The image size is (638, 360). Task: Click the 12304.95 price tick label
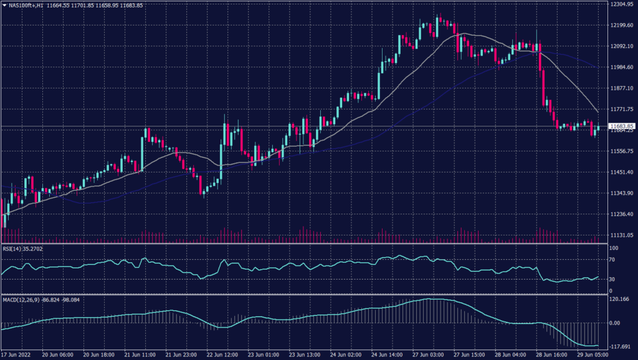(622, 4)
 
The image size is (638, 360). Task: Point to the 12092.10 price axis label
(622, 46)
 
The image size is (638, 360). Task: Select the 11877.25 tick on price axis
(622, 88)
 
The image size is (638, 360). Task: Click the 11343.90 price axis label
(622, 193)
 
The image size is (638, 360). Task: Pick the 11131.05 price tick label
(622, 235)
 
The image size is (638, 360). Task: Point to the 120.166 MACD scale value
(619, 300)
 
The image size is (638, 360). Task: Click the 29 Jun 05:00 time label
(594, 354)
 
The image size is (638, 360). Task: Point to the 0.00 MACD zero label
(616, 323)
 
